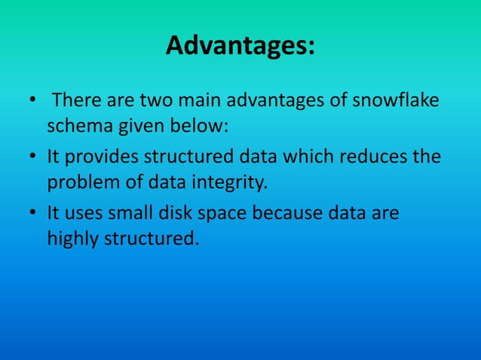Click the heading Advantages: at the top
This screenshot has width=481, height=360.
[x=240, y=47]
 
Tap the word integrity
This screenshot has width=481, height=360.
[x=228, y=182]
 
